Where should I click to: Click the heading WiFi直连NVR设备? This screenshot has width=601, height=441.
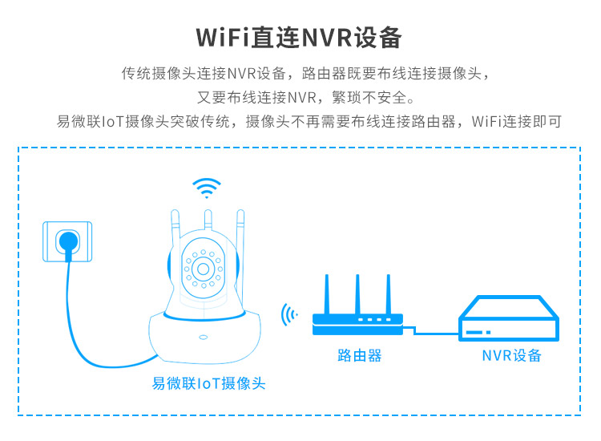[x=299, y=38]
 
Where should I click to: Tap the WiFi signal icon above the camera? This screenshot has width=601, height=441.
[x=207, y=188]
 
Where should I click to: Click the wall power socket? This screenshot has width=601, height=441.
[x=67, y=241]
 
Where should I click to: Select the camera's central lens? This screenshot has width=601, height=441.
[x=204, y=269]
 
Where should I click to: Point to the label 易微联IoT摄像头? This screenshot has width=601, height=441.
[x=208, y=383]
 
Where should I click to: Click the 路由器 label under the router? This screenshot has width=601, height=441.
[x=360, y=355]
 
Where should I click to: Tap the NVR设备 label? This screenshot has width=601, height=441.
[x=511, y=355]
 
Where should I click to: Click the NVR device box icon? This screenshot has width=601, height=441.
[x=509, y=318]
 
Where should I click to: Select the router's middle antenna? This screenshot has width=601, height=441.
[x=357, y=294]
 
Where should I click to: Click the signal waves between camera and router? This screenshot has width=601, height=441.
[x=288, y=315]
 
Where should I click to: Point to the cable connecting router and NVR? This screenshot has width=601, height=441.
[x=430, y=332]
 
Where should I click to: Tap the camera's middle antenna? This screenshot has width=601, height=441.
[x=208, y=220]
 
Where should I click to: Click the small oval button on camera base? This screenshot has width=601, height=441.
[x=204, y=337]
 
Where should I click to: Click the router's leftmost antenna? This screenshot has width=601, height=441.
[x=327, y=294]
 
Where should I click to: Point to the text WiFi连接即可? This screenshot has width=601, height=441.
[x=516, y=122]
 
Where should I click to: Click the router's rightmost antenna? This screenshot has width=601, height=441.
[x=389, y=294]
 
